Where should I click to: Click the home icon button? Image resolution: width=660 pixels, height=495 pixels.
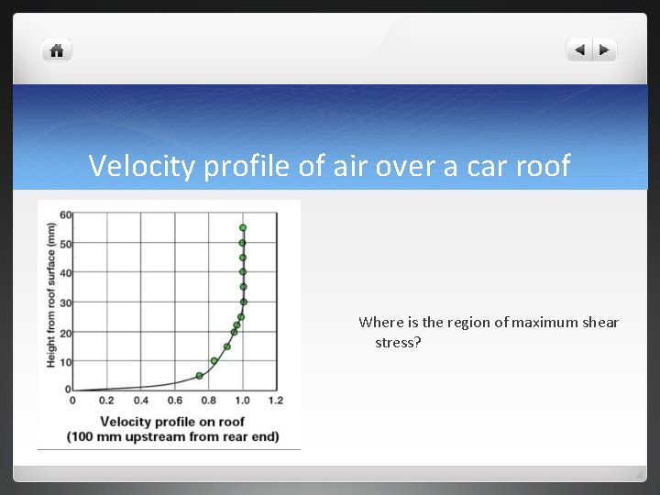(x=56, y=50)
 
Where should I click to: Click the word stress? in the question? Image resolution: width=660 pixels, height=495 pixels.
(x=398, y=342)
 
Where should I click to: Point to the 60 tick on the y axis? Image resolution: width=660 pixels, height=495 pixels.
(x=66, y=214)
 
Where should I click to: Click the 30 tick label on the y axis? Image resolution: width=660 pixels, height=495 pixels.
(x=66, y=302)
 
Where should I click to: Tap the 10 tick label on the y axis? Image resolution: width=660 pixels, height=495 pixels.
(x=66, y=361)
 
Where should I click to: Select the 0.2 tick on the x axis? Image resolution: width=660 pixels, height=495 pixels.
(x=106, y=401)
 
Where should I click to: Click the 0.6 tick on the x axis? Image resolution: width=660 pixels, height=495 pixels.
(x=174, y=401)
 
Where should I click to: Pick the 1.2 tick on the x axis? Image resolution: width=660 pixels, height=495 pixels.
(x=275, y=401)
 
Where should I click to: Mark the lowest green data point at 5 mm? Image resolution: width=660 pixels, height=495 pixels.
(x=199, y=376)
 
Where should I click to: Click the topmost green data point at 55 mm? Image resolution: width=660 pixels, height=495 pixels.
(x=243, y=227)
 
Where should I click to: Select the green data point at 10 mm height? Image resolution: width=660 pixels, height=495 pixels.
(x=214, y=361)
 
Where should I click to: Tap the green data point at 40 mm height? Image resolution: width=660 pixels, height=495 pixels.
(x=243, y=272)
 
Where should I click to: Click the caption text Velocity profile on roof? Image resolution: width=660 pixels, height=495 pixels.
(x=171, y=422)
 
